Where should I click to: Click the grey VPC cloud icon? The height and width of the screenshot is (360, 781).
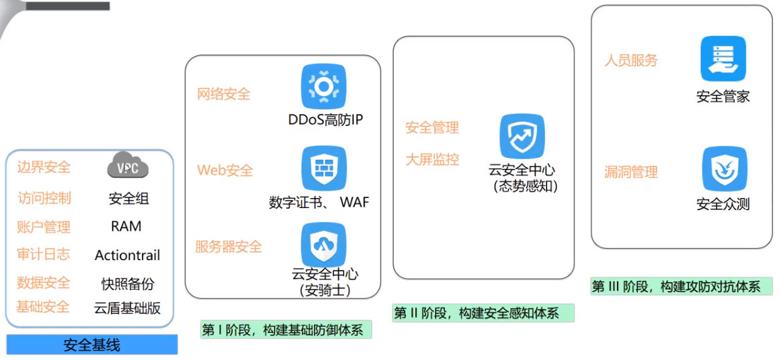128,167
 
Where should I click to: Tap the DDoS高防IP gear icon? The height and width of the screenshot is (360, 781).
324,87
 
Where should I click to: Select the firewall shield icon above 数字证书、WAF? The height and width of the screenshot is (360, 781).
324,169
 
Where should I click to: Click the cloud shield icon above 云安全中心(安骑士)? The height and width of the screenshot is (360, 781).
324,245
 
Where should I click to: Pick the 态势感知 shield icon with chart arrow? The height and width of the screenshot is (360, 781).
522,137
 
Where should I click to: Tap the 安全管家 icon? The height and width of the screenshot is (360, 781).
723,59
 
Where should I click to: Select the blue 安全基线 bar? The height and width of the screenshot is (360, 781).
92,345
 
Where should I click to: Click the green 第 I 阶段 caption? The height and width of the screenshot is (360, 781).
286,329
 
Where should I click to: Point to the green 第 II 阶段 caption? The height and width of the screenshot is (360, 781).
483,313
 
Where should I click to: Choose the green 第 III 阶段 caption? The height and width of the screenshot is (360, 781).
681,287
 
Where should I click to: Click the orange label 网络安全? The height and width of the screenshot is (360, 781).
224,94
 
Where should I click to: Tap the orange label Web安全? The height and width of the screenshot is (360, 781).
225,171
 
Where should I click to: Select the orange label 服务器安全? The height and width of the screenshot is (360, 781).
229,247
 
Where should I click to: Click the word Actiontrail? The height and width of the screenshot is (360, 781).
127,255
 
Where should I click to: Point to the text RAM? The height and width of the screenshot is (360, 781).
126,227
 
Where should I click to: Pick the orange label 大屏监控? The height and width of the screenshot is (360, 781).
432,159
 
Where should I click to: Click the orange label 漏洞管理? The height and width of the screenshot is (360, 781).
631,172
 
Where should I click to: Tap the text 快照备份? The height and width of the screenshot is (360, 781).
127,283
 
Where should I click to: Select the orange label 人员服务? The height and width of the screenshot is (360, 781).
631,61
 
